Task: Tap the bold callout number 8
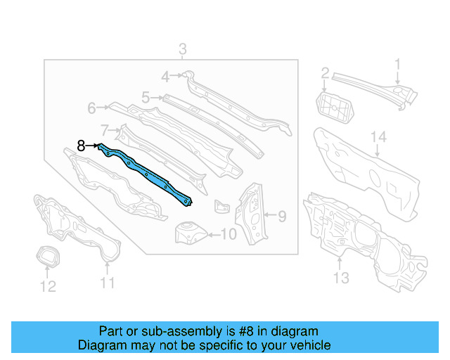pos(82,146)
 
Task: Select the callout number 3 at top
pos(182,49)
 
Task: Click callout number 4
pos(165,77)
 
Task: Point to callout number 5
pos(146,98)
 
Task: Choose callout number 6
pos(92,108)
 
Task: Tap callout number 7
pos(105,130)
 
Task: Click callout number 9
pos(281,217)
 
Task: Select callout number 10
pos(229,234)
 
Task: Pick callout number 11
pos(106,283)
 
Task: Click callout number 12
pos(47,286)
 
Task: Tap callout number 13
pos(340,278)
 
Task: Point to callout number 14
pos(379,137)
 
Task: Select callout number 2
pos(325,73)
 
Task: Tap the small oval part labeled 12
pos(46,257)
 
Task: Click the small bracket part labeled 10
pos(189,232)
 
